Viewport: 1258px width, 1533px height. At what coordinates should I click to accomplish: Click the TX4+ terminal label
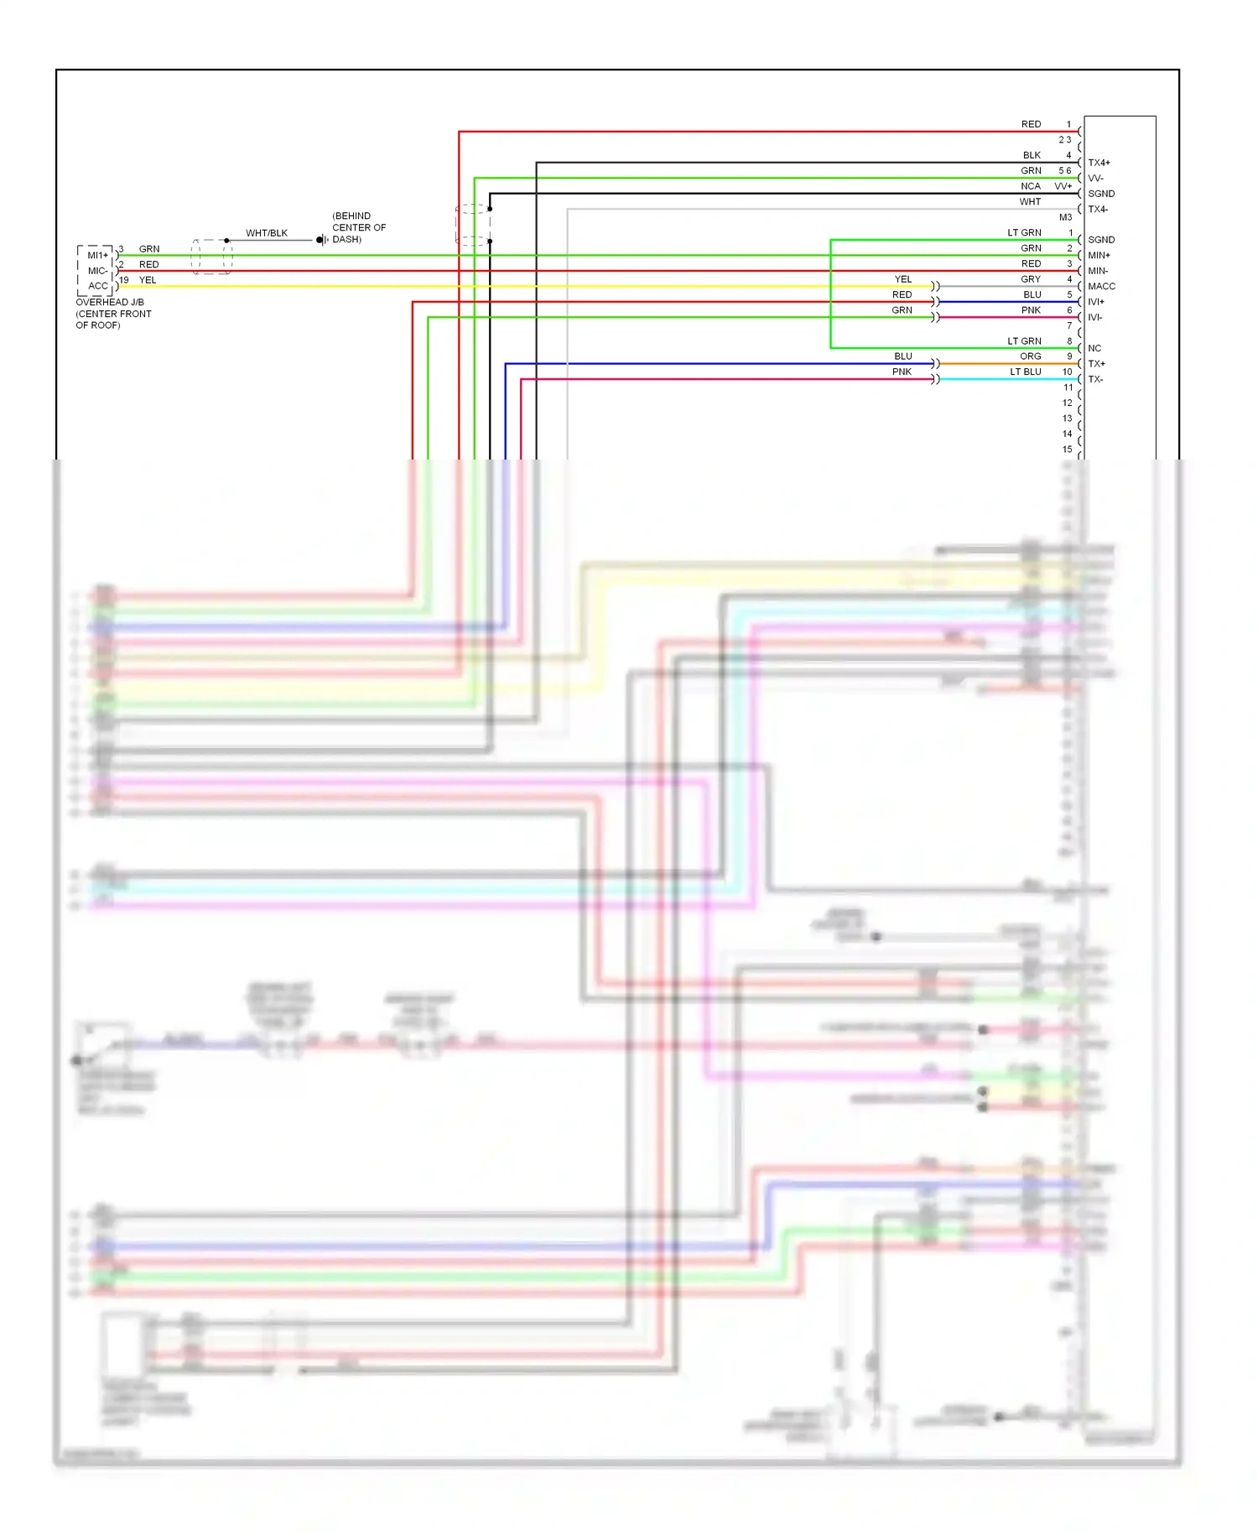coord(1099,163)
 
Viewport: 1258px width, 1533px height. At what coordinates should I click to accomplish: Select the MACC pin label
coord(1101,286)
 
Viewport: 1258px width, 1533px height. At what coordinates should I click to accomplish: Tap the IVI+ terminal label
coord(1096,302)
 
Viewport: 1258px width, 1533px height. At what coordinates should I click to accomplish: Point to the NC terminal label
coord(1094,348)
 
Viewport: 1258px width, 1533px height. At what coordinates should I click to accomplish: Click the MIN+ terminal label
coord(1099,255)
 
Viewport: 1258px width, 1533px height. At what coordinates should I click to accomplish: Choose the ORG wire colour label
coord(1031,356)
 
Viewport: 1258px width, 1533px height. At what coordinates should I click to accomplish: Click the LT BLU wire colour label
coord(1026,372)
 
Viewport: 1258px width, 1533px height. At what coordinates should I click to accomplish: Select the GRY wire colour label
coord(1031,279)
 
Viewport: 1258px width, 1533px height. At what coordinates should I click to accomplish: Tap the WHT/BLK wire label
coord(267,233)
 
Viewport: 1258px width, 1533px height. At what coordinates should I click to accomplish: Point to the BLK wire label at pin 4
coord(1032,155)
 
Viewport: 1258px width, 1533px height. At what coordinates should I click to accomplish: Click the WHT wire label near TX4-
coord(1030,201)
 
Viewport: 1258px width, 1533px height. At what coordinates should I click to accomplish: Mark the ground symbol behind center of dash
coord(321,240)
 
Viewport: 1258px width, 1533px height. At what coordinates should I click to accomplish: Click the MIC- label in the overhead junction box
coord(98,271)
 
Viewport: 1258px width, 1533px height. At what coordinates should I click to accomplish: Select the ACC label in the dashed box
coord(98,286)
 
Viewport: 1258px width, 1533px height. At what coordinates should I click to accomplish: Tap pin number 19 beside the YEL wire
coord(124,280)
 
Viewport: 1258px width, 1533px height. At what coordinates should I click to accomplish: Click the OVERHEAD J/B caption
coord(110,302)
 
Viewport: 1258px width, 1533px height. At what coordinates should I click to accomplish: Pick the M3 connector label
coord(1065,217)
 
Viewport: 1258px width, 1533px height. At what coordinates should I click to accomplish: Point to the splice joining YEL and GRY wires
coord(935,286)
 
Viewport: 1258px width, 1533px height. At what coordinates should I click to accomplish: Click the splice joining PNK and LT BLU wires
coord(935,379)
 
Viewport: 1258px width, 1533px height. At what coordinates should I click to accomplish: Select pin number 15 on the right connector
coord(1067,450)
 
